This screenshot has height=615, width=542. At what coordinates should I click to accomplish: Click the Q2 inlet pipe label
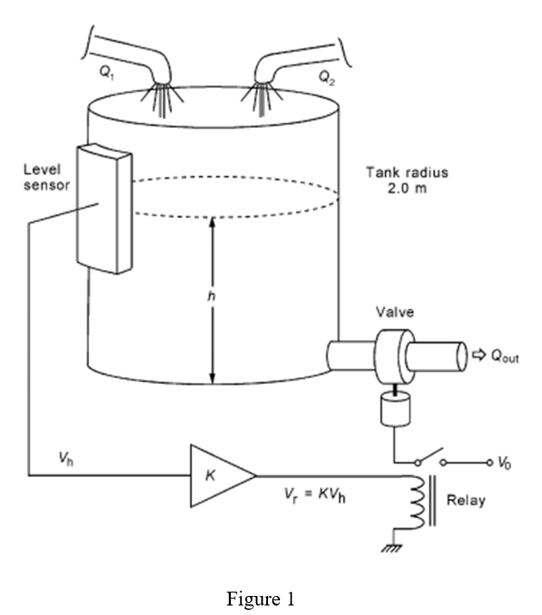(x=325, y=76)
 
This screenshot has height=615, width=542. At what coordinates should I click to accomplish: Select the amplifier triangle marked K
(x=220, y=474)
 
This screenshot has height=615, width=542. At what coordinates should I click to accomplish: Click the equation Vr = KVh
(x=313, y=495)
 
